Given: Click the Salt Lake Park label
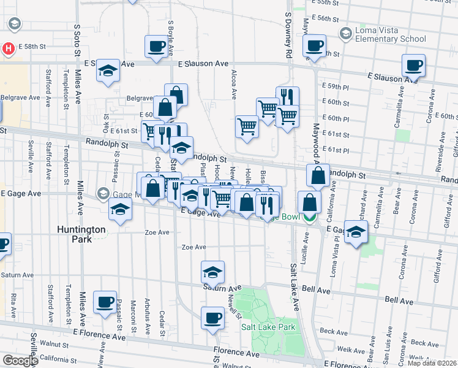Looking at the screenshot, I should point(268,327).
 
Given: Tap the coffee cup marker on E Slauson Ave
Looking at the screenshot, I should point(413,65).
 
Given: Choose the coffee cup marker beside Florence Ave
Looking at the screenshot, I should point(212,318).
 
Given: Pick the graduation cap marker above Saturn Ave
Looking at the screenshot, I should point(212,272).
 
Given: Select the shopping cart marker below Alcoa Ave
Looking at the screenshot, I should point(247,127).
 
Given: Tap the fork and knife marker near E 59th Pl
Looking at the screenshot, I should point(287,97).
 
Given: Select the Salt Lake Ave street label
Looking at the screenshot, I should point(294,282).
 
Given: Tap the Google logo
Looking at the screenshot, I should point(20,361).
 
